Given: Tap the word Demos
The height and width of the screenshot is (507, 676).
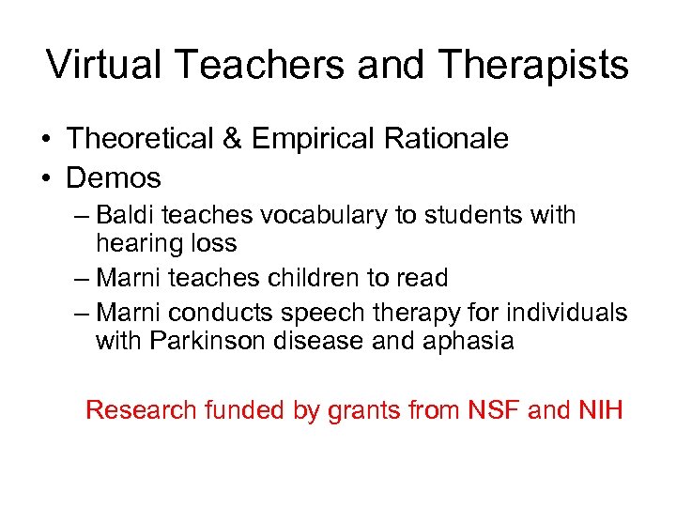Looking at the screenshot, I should click(114, 177).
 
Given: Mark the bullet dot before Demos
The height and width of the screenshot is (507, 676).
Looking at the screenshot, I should click(45, 177).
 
